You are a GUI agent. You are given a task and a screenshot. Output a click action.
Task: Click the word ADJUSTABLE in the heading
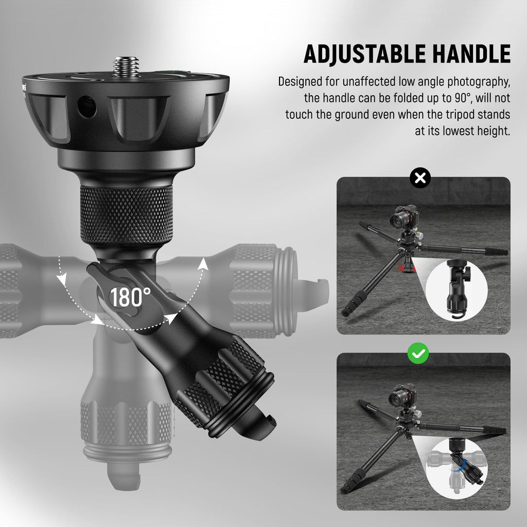[x=364, y=54]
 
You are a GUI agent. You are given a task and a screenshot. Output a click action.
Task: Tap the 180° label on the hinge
[x=130, y=297]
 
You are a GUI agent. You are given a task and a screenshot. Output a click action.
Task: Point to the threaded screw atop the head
[x=126, y=66]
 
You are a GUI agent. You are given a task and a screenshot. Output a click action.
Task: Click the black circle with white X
[x=420, y=178]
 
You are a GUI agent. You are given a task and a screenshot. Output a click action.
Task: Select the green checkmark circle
[x=418, y=353]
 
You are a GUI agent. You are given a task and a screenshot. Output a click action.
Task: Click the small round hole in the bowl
[x=86, y=107]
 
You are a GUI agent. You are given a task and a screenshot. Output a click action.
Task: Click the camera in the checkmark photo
[x=402, y=396]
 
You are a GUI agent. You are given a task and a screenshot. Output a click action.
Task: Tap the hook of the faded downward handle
[x=124, y=477]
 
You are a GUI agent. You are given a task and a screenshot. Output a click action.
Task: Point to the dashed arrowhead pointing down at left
[x=62, y=280]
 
